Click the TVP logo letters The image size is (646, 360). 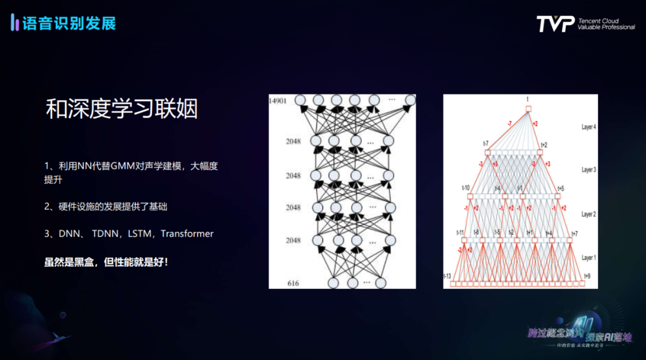point(555,24)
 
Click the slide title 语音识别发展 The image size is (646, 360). point(69,24)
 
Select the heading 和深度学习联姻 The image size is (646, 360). point(121,109)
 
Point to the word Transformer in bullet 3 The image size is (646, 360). point(187,234)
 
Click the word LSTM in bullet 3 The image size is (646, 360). point(140,234)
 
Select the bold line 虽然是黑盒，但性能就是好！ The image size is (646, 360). point(106,262)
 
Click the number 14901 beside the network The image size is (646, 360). point(278,100)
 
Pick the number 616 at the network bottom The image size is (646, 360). point(293,283)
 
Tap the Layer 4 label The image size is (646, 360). point(589,127)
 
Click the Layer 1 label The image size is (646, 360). point(589,258)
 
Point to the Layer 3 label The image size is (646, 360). point(589,170)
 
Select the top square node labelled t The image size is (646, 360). point(528,108)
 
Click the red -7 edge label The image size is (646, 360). point(509,124)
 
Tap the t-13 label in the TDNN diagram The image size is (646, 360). point(447,276)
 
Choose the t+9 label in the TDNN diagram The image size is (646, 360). point(587,276)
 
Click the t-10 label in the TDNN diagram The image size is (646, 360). point(465,188)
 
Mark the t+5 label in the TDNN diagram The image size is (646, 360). point(560,188)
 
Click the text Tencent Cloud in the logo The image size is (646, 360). point(598,21)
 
